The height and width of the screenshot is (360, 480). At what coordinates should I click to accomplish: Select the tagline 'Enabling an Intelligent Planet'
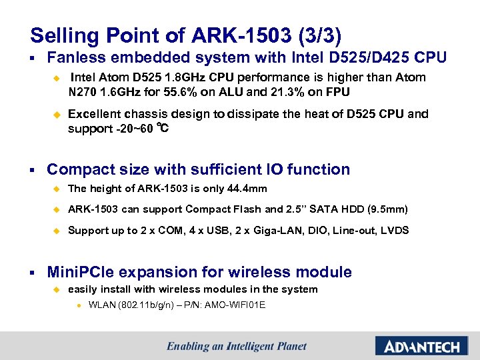coord(237,346)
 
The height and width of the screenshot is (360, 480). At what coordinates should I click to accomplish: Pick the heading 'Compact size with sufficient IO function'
coord(198,169)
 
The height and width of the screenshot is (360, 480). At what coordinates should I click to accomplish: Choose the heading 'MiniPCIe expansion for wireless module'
coord(199,272)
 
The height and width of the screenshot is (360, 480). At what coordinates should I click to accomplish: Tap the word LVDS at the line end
coord(395,231)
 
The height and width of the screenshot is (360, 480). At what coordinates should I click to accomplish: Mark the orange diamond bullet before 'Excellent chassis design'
coord(57,115)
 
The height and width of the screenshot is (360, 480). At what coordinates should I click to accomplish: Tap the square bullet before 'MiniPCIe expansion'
coord(33,273)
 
